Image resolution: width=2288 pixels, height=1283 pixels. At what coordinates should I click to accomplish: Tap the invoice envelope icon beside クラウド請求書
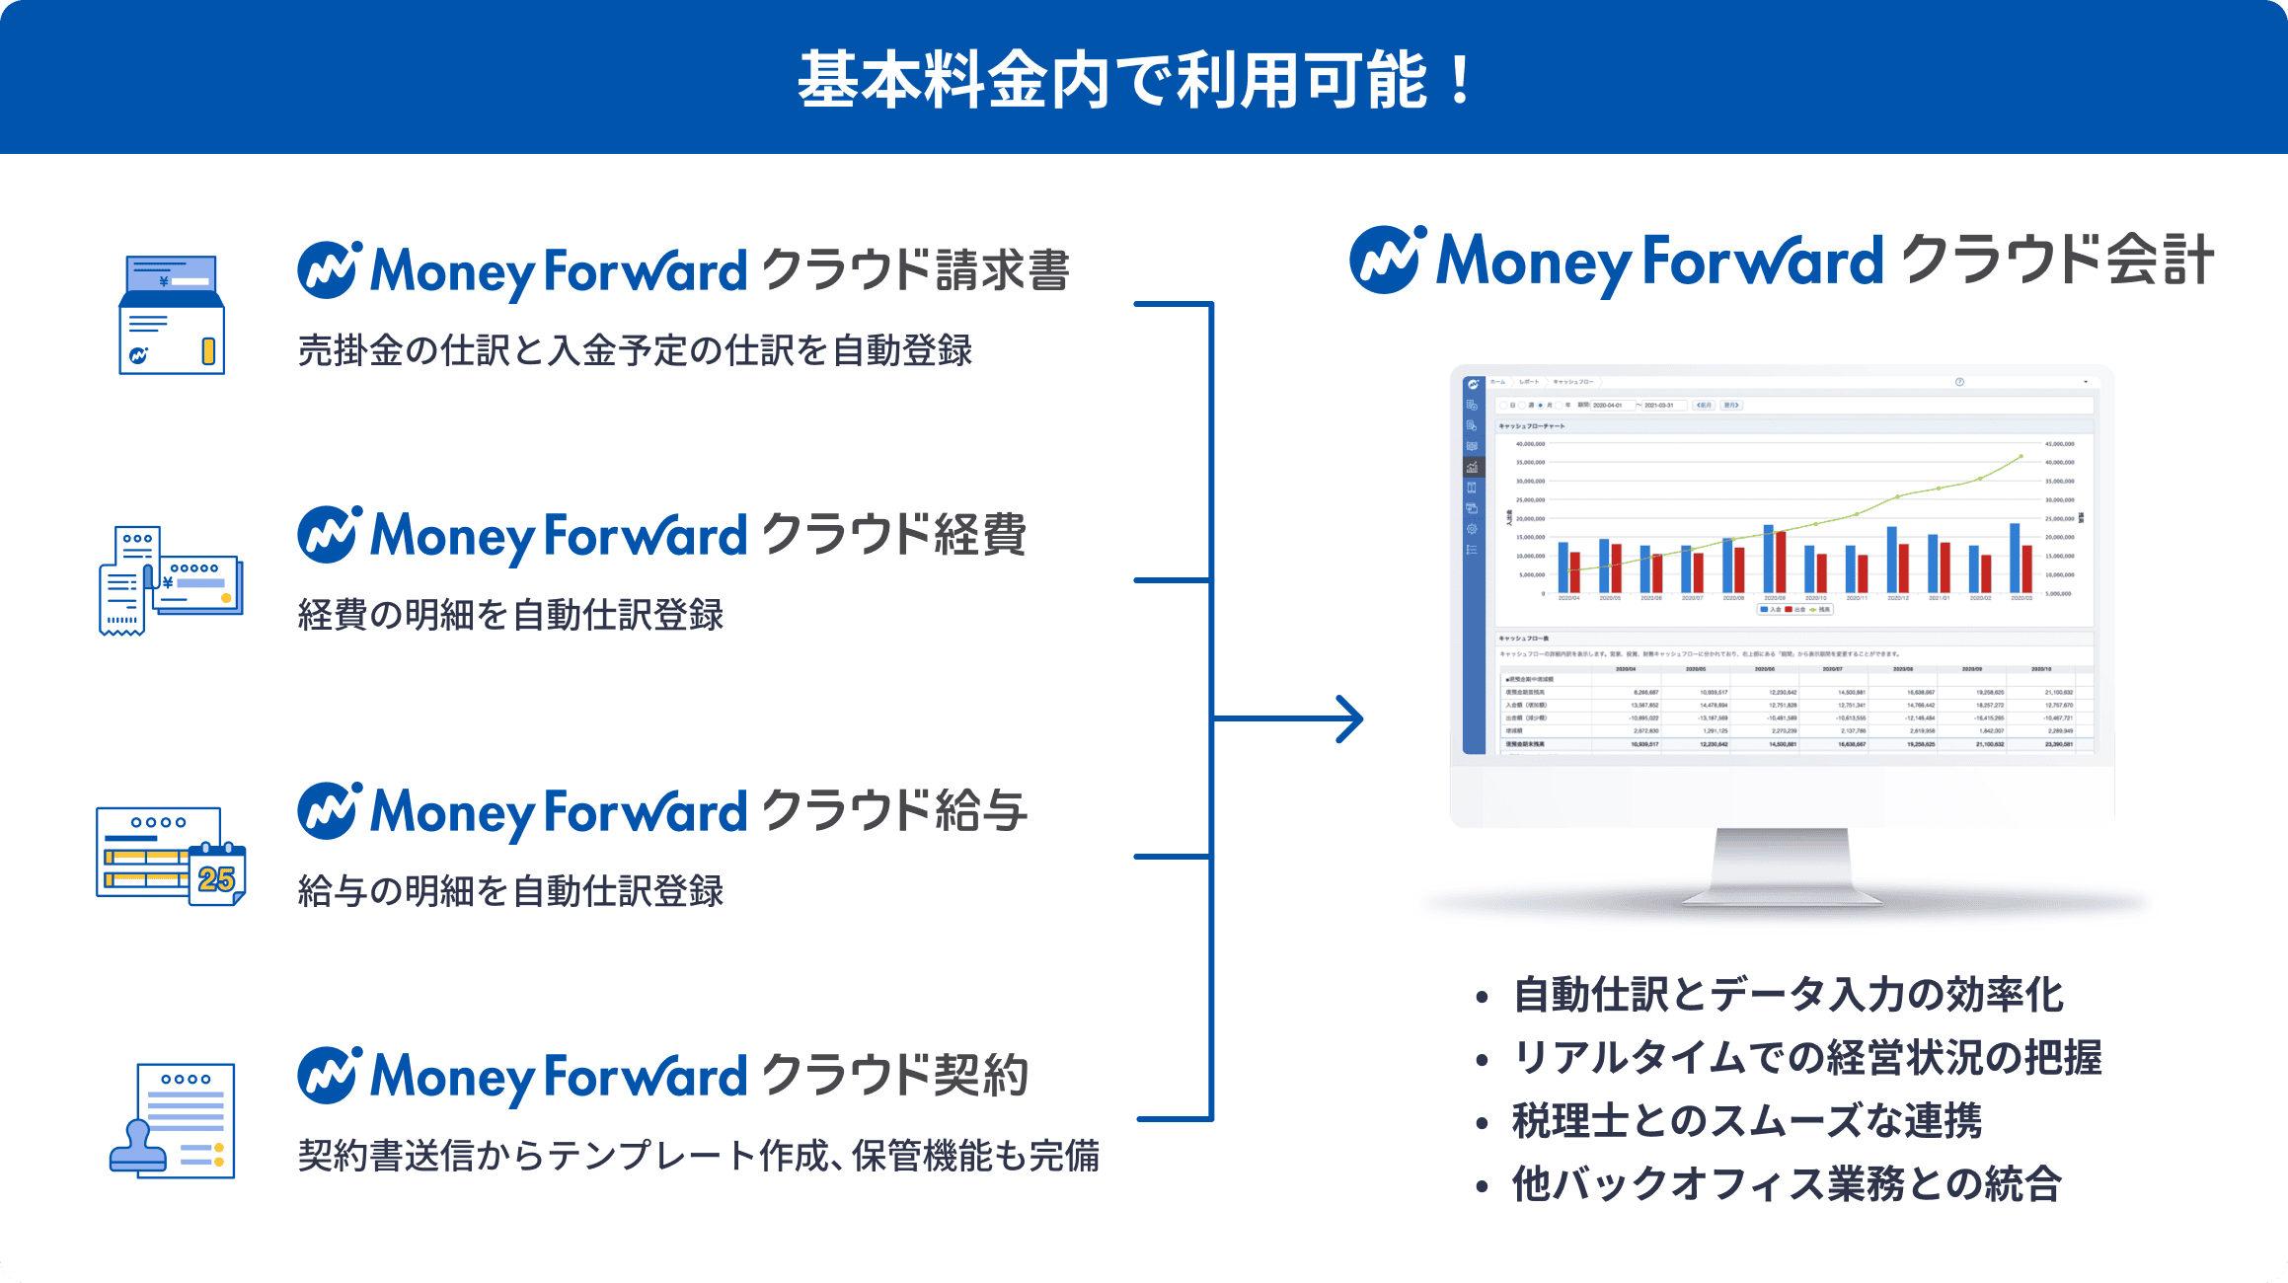tap(172, 315)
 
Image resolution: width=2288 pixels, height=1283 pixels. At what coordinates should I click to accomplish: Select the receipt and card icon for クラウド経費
tap(170, 580)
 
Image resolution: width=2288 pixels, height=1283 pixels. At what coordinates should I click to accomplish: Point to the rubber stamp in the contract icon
tap(138, 1148)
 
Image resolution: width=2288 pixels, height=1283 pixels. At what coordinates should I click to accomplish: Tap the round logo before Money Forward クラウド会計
tap(1387, 261)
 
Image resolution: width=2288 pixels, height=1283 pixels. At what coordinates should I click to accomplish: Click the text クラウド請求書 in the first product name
tap(915, 270)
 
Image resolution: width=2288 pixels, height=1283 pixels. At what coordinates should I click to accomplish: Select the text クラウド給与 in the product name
tap(893, 811)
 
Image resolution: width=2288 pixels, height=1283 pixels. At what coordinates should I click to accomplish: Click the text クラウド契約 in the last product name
tap(894, 1076)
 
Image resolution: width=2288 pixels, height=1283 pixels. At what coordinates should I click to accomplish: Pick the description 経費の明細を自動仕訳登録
tap(510, 615)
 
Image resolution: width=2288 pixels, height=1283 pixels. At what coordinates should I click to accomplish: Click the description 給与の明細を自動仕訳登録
tap(510, 891)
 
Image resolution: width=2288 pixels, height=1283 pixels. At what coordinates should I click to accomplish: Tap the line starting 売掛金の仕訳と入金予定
tap(635, 350)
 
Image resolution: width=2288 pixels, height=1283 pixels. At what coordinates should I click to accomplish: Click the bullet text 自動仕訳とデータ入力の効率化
tap(1788, 995)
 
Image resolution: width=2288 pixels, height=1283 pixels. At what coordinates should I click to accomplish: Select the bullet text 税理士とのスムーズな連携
tap(1746, 1121)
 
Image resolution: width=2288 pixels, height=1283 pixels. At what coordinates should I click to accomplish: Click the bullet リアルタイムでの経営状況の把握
tap(1806, 1058)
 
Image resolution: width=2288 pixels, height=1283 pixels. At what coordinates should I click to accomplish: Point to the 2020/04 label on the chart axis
tap(1568, 598)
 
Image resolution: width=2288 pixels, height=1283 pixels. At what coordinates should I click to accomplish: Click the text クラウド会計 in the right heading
tap(2057, 261)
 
